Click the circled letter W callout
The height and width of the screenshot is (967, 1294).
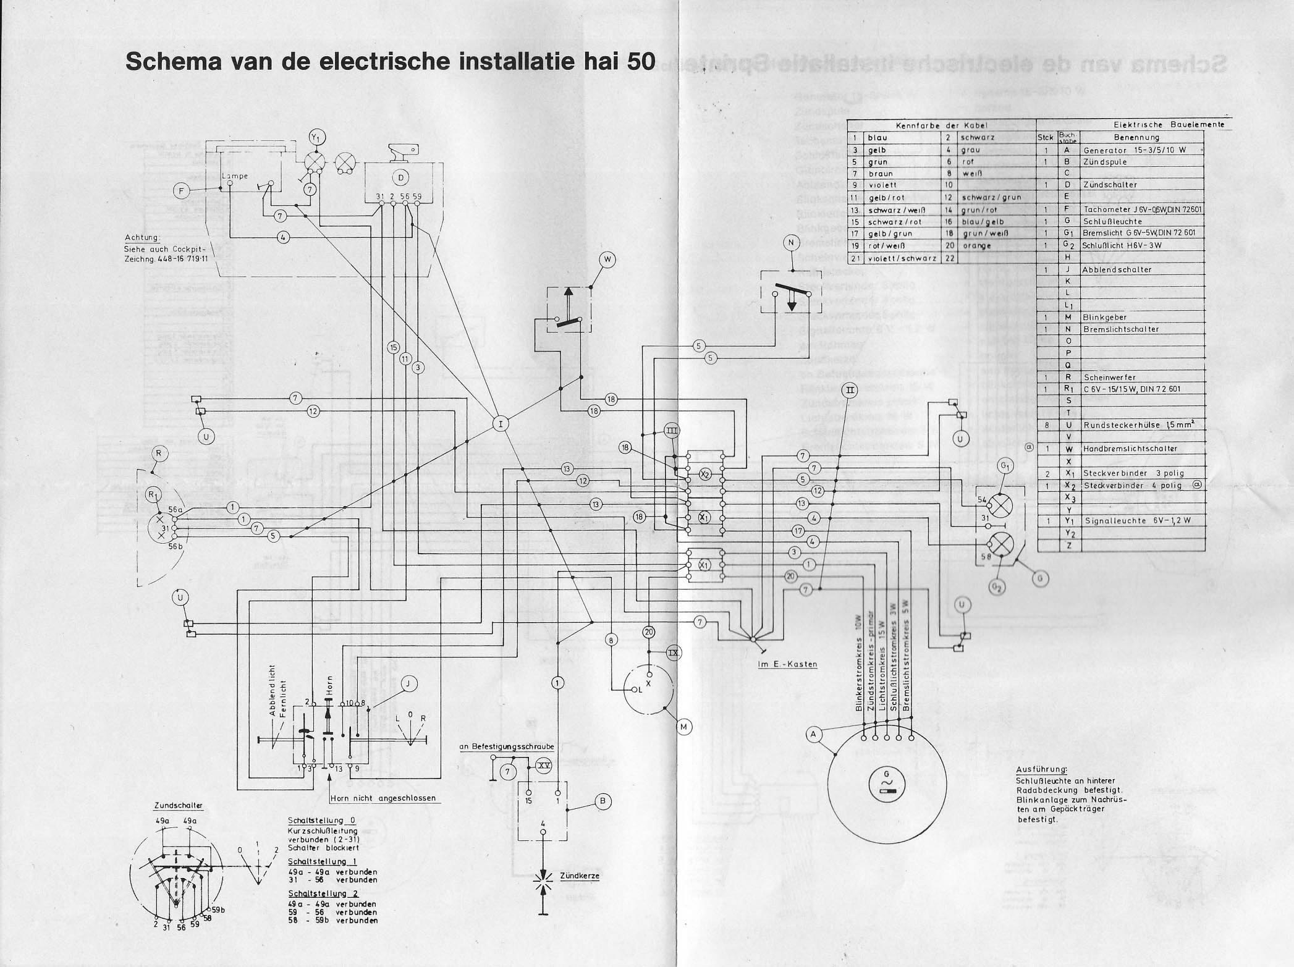[x=607, y=260]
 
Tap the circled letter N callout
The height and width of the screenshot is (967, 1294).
[x=791, y=243]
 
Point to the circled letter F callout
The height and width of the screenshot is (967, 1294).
[x=182, y=191]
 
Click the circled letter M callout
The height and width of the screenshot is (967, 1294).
[x=683, y=727]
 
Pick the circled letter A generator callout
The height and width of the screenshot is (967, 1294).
[x=814, y=734]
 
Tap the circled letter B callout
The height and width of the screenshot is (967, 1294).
[x=603, y=801]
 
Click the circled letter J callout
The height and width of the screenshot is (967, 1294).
[x=408, y=683]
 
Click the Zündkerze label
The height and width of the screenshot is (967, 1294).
[x=579, y=876]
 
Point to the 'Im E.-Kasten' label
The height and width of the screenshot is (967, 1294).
[x=787, y=664]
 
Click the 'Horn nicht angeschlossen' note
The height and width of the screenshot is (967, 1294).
[x=383, y=798]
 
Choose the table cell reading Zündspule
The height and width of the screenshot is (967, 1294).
[x=1105, y=162]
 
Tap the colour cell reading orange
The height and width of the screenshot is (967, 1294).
[x=976, y=246]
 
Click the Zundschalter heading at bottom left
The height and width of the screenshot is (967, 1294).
[x=178, y=806]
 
